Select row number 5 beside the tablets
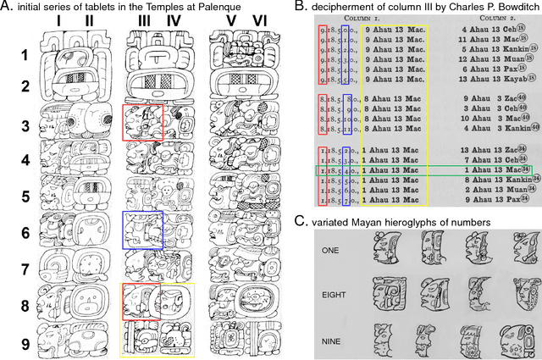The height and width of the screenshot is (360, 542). point(26,197)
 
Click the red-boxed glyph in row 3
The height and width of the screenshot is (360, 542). point(139,123)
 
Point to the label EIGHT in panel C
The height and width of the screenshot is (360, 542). point(335,292)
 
